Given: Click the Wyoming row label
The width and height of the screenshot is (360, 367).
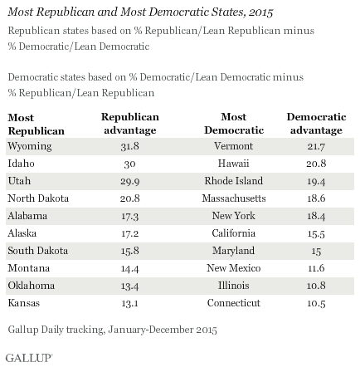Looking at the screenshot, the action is point(30,146).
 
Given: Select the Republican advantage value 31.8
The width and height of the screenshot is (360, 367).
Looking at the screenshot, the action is point(129,146).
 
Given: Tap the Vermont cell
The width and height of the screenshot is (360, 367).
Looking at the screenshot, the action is point(234,146).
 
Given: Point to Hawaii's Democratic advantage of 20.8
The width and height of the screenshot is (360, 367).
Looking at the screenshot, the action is point(316,164).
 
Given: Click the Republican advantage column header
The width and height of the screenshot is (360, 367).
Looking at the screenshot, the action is point(130,124).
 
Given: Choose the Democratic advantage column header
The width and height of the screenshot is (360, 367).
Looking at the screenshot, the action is point(316,124).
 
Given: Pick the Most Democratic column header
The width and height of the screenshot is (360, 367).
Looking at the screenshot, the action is point(234,124).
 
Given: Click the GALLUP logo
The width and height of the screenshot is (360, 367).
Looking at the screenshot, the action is point(29,358).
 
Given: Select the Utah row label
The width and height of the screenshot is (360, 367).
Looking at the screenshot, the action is point(19,181).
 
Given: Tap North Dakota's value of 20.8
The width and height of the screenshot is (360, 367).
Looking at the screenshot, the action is point(129,198).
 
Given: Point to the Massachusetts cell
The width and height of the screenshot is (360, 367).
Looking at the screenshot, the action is point(234,198).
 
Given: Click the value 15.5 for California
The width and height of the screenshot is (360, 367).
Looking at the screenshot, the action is point(316,233).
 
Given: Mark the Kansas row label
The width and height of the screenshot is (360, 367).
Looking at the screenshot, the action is point(24,303).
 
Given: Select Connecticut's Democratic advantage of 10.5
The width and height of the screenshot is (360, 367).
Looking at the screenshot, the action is point(316,303).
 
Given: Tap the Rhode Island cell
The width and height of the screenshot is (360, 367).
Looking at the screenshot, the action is point(234,181).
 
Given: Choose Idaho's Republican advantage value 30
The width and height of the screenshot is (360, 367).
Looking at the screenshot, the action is point(129,164).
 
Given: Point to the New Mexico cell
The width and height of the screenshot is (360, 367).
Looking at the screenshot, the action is point(234,268).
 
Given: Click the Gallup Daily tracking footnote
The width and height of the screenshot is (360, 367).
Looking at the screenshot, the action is point(112,330).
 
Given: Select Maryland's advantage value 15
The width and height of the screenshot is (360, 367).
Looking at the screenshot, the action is point(316,251).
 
